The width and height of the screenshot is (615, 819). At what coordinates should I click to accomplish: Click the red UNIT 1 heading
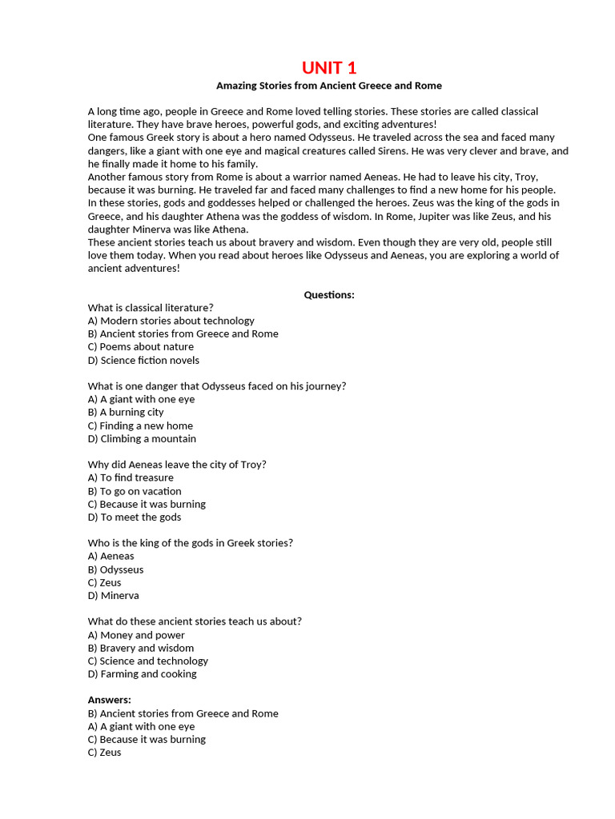click(328, 67)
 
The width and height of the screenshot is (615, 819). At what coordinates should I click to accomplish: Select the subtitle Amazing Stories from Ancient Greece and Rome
click(328, 86)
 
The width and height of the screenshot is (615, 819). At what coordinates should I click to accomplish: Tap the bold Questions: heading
click(328, 295)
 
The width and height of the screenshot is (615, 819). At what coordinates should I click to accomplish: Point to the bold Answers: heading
click(110, 700)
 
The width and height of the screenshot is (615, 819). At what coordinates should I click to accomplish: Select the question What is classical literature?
click(151, 307)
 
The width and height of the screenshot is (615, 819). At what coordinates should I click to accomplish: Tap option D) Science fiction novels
click(143, 360)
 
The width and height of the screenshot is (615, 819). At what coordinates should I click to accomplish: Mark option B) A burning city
click(126, 413)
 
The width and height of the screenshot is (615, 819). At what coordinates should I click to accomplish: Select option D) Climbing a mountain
click(142, 439)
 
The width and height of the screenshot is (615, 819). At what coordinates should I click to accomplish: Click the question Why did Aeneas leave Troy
click(177, 465)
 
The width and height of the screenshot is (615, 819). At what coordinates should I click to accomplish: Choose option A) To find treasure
click(131, 478)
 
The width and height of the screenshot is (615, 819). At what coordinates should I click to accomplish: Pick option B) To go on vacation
click(135, 491)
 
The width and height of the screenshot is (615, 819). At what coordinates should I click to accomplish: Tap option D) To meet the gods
click(135, 517)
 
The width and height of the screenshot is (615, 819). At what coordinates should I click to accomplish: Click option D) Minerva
click(113, 596)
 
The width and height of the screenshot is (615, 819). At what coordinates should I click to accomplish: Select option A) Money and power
click(136, 635)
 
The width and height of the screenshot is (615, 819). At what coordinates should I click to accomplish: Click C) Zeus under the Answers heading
click(104, 753)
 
